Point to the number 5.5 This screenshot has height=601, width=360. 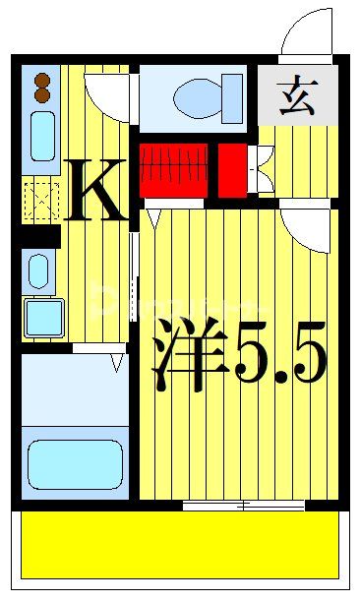pos(279,360)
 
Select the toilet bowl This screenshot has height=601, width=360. pos(203,97)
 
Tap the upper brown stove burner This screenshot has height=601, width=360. pos(43,81)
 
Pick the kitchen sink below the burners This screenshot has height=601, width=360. pos(42,135)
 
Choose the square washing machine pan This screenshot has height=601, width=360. pos(43,316)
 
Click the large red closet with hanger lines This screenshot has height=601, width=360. pos(173,169)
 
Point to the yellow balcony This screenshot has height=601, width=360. pos(180,546)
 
